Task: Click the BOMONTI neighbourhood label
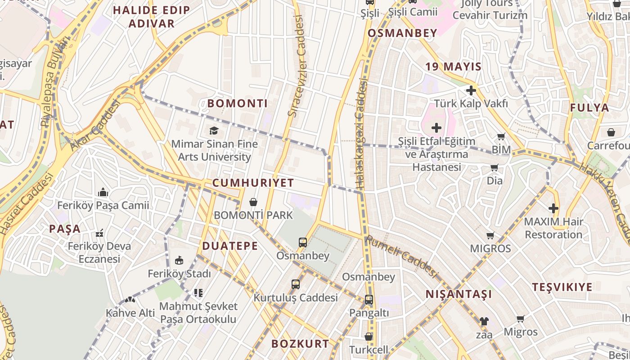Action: (x=237, y=103)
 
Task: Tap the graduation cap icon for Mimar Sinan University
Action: (x=214, y=130)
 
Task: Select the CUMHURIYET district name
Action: (x=253, y=183)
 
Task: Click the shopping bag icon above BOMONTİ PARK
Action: (x=253, y=202)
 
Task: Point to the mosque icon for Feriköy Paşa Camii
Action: (x=103, y=193)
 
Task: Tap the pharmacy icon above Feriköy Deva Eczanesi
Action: (x=99, y=233)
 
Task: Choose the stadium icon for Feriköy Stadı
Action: (x=179, y=260)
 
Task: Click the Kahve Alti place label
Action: (x=130, y=313)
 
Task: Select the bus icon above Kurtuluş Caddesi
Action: (x=295, y=284)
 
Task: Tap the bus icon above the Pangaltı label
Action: (x=369, y=299)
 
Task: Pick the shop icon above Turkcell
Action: (x=369, y=337)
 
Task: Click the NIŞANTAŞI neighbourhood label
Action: (x=459, y=294)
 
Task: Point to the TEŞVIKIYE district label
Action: (x=562, y=287)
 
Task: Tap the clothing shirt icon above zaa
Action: (x=484, y=321)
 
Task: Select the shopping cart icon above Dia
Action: (x=495, y=168)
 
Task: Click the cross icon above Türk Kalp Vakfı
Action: (x=471, y=90)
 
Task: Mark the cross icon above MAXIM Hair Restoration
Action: (x=553, y=208)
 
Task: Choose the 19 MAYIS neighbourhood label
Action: (x=453, y=67)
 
